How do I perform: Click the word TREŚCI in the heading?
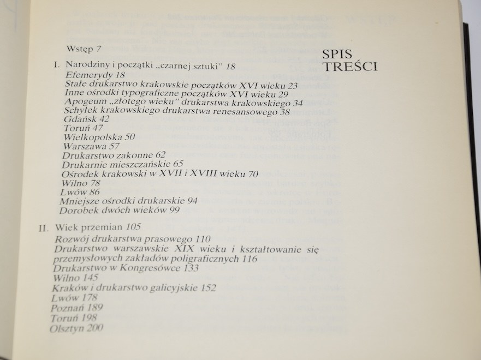tap(350, 67)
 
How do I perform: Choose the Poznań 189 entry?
tap(76, 308)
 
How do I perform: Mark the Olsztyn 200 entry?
tap(76, 328)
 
